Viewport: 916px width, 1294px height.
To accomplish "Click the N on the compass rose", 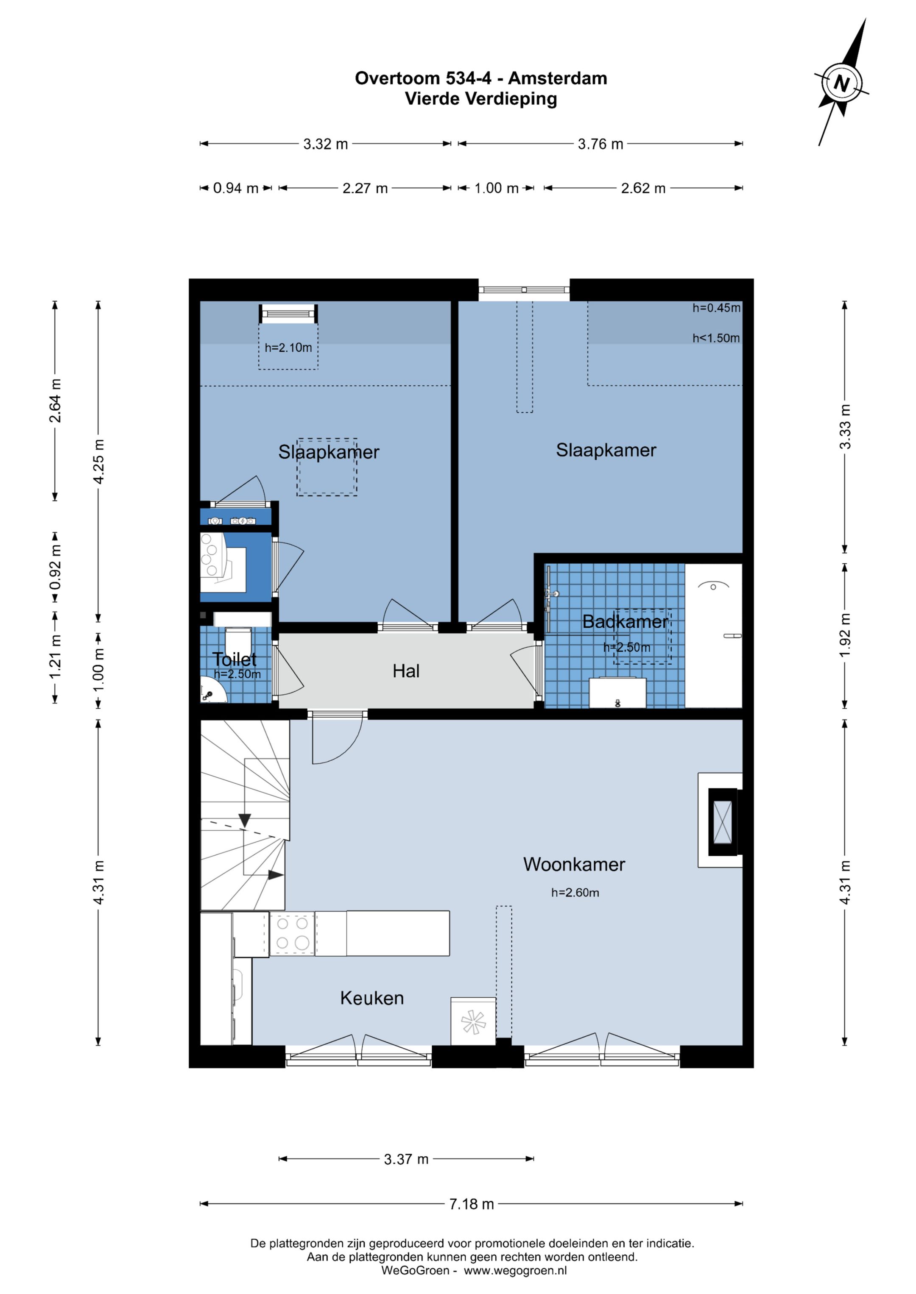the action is coord(841,83).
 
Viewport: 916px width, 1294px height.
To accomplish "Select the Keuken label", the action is coord(372,998).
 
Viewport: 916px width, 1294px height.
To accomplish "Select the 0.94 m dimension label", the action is coord(235,188).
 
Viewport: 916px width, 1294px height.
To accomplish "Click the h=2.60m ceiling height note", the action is coord(575,892).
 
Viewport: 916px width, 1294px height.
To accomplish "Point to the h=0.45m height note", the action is coord(716,308).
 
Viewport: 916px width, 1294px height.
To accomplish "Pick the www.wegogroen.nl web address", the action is coord(516,1270).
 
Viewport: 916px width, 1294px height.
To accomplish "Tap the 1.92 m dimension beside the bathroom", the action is coord(844,635).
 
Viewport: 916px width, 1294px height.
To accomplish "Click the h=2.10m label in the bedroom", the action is coord(288,347).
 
